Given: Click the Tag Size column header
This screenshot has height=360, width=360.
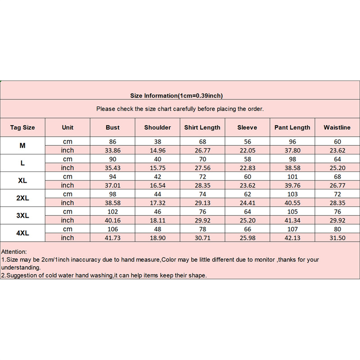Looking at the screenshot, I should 22,127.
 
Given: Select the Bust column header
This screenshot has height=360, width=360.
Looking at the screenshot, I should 112,127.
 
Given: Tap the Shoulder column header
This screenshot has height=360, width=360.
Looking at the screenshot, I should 157,127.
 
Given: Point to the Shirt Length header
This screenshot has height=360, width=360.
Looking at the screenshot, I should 202,127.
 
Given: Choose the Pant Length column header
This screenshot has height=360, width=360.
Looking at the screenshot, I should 292,127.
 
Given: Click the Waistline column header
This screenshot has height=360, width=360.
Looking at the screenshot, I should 337,127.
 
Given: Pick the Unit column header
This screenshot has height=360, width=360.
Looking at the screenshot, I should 67,127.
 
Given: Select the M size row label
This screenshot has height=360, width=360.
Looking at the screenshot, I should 22,146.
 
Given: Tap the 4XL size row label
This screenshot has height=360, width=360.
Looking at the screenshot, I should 22,233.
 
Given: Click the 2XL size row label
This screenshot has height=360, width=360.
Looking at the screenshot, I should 22,198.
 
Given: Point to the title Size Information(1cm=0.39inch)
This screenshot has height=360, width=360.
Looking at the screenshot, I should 176,95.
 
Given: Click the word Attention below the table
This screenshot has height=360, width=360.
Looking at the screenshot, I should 14,252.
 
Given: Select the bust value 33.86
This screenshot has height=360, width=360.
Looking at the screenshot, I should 112,150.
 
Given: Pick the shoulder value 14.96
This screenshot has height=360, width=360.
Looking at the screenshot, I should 157,150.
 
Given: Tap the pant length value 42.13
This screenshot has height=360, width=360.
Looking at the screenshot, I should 292,238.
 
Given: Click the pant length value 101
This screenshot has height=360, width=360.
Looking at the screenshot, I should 292,176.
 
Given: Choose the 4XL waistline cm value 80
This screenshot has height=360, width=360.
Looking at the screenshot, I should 337,229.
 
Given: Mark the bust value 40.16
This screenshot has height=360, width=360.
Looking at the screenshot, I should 112,220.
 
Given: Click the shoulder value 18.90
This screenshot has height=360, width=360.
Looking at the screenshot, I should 157,238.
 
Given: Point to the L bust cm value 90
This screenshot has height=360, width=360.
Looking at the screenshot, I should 112,159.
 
